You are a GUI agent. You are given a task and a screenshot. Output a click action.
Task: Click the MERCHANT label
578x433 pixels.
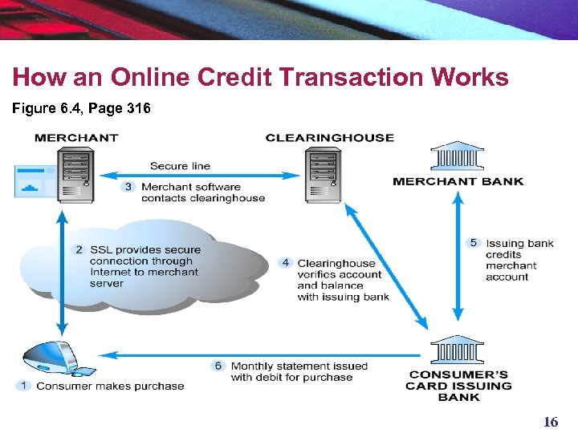pyautogui.click(x=76, y=138)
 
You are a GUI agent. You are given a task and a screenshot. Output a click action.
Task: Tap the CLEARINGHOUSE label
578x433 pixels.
pyautogui.click(x=329, y=138)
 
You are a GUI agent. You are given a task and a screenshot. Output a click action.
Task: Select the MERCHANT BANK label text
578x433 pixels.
pyautogui.click(x=458, y=181)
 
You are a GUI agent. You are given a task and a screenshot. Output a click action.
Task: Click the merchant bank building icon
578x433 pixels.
pyautogui.click(x=457, y=157)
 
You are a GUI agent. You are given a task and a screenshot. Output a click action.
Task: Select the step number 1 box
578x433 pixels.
pyautogui.click(x=24, y=386)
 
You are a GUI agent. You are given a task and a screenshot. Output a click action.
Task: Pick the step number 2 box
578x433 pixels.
pyautogui.click(x=79, y=249)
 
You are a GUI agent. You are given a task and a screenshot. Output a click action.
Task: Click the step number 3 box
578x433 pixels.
pyautogui.click(x=128, y=187)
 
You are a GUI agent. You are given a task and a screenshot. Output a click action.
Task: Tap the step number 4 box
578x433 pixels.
pyautogui.click(x=286, y=263)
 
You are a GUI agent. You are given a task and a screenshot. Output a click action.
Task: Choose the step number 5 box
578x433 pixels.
pyautogui.click(x=474, y=243)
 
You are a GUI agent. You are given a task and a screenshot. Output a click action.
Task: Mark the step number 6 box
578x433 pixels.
pyautogui.click(x=218, y=366)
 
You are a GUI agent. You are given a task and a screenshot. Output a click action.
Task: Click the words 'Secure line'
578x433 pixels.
pyautogui.click(x=180, y=166)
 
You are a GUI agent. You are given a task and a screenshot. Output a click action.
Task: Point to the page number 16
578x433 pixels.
pyautogui.click(x=551, y=422)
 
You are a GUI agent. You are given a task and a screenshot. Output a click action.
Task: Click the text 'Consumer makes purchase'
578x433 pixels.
pyautogui.click(x=110, y=386)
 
